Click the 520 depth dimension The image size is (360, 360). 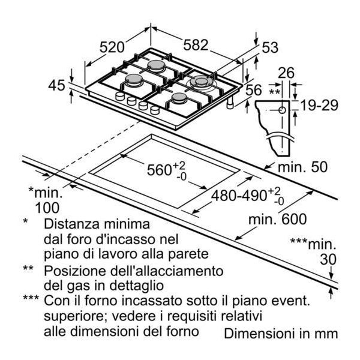(x=112, y=47)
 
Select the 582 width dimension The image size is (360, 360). (x=196, y=45)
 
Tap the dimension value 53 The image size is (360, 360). (x=270, y=47)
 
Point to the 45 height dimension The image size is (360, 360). (x=56, y=85)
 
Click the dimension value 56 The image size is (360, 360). (x=253, y=90)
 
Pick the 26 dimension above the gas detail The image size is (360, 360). (x=286, y=73)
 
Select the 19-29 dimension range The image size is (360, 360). (x=319, y=106)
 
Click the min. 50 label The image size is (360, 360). (x=302, y=167)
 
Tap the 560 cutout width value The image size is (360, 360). (x=155, y=170)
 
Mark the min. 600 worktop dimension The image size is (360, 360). (x=278, y=219)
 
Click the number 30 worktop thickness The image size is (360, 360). (x=328, y=259)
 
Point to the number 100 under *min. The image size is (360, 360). (x=47, y=208)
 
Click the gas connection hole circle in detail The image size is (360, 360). (x=282, y=110)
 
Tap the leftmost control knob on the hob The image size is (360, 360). (x=120, y=96)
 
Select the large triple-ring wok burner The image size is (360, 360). (x=201, y=82)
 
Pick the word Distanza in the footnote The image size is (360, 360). (x=73, y=224)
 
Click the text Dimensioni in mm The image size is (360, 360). (x=281, y=334)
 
